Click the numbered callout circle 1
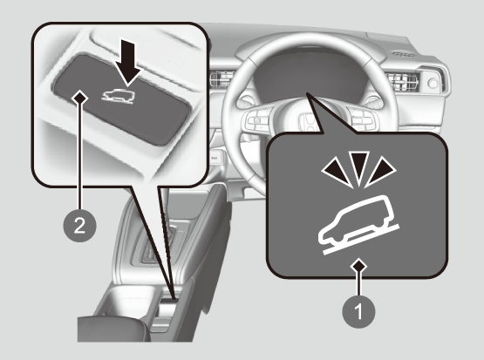tap(358, 311)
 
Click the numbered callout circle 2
tap(79, 226)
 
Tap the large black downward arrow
tap(128, 62)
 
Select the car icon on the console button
tap(119, 97)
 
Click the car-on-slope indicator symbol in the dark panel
tap(359, 225)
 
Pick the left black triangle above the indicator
tap(337, 172)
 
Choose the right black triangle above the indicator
tap(380, 172)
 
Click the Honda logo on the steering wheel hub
tap(306, 121)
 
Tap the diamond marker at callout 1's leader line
tap(358, 266)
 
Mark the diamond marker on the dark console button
tap(80, 98)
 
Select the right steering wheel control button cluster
tap(362, 119)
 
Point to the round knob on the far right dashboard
tap(433, 83)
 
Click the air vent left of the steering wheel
tap(222, 78)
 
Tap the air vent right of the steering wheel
tap(404, 82)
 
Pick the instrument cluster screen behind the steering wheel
tap(309, 74)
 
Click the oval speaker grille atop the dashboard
tap(403, 55)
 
